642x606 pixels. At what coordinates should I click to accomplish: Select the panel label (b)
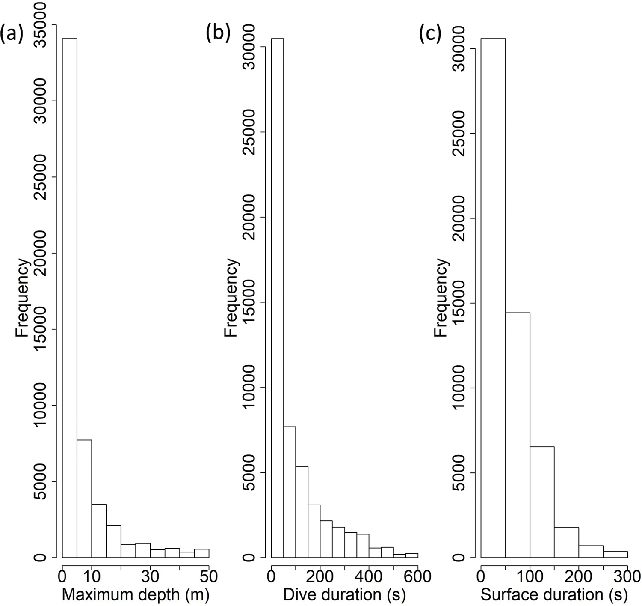(218, 33)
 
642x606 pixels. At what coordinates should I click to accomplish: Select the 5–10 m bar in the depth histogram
(84, 499)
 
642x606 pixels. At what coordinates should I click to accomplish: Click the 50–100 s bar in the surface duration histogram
(518, 435)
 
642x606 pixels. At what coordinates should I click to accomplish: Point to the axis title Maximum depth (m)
(136, 594)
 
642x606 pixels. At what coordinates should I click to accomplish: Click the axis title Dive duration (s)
(344, 594)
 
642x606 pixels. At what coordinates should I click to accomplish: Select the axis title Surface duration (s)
(554, 594)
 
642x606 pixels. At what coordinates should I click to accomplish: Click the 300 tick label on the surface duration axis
(627, 576)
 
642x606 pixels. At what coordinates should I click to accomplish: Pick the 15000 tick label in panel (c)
(459, 303)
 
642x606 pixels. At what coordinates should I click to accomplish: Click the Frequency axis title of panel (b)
(231, 298)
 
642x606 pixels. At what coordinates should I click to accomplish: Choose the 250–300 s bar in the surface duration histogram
(615, 555)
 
